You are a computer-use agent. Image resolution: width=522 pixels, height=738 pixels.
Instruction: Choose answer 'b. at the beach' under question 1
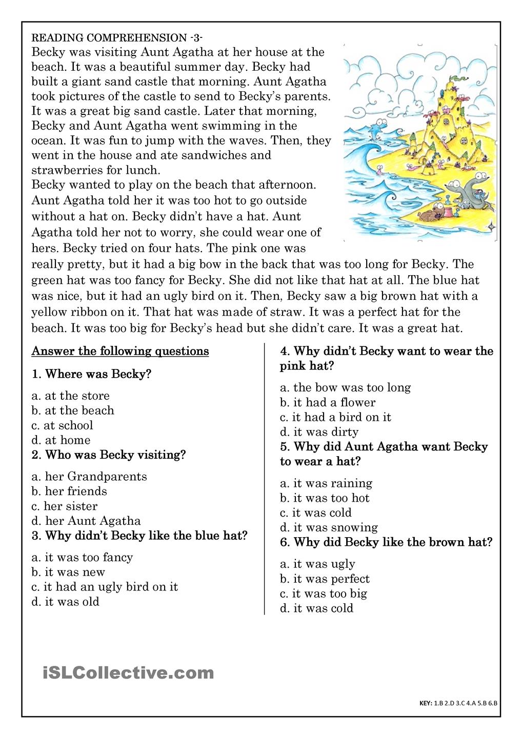pyautogui.click(x=73, y=411)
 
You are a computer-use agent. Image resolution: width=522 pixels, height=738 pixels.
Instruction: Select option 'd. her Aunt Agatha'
pyautogui.click(x=86, y=521)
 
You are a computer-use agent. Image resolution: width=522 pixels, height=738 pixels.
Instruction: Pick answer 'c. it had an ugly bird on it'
pyautogui.click(x=105, y=587)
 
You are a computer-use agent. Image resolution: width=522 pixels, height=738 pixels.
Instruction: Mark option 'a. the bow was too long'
pyautogui.click(x=345, y=387)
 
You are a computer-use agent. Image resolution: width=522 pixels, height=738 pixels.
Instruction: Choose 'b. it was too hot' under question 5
pyautogui.click(x=325, y=498)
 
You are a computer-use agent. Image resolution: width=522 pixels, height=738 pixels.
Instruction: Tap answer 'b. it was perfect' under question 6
pyautogui.click(x=325, y=579)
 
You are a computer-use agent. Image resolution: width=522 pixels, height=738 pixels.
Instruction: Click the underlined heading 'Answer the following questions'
pyautogui.click(x=120, y=351)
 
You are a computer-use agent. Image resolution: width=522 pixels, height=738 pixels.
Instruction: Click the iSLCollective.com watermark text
pyautogui.click(x=128, y=672)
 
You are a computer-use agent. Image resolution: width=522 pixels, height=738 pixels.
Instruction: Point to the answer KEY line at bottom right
pyautogui.click(x=458, y=703)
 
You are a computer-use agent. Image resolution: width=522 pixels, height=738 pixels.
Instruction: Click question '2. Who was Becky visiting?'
pyautogui.click(x=109, y=455)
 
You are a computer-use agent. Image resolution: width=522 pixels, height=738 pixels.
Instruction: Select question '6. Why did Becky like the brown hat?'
pyautogui.click(x=386, y=542)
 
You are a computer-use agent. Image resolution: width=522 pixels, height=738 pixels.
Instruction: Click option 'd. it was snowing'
pyautogui.click(x=329, y=527)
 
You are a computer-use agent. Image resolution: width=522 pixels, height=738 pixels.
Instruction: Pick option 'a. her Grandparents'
pyautogui.click(x=89, y=477)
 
